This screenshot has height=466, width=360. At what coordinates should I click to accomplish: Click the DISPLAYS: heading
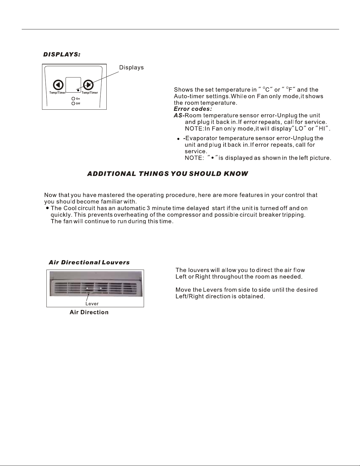pos(62,55)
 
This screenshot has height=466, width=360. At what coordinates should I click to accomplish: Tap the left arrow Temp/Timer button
pos(58,85)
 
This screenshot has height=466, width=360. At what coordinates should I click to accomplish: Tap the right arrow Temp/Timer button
pos(88,85)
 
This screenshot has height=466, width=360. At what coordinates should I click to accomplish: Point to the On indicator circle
pos(73,99)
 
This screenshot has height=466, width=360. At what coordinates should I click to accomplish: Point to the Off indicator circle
pos(73,103)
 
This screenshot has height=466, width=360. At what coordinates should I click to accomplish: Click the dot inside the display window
pos(78,90)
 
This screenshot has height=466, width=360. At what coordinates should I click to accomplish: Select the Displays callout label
pos(131,68)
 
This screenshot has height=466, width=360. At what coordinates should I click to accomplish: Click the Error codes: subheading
pos(193,109)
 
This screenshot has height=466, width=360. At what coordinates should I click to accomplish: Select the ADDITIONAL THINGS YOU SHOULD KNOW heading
pos(168,174)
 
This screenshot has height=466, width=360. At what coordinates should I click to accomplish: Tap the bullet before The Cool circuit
pos(47,208)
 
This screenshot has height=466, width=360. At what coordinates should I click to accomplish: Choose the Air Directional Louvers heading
pos(89,262)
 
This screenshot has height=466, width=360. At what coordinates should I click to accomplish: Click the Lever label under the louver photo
pos(92,304)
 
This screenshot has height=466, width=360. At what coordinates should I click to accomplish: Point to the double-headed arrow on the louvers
pos(94,288)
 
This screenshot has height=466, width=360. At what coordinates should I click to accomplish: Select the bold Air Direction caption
pos(89,312)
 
